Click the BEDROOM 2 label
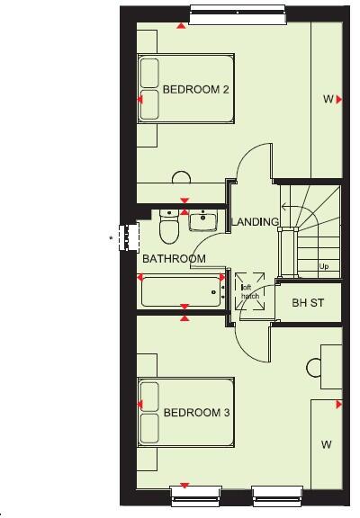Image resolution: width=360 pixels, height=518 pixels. [x=196, y=90]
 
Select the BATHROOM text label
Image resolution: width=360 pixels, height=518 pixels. [x=174, y=259]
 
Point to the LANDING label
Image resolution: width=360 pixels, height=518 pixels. [x=255, y=221]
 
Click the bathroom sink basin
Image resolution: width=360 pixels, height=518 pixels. [x=204, y=219]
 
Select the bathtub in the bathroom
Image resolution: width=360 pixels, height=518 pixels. [x=183, y=291]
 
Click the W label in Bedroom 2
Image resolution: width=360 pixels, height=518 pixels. [x=328, y=100]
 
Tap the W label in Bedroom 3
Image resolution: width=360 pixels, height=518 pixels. [x=326, y=444]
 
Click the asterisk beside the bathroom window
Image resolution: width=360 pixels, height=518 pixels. [x=111, y=238]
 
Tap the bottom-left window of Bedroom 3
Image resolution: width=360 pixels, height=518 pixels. [x=195, y=493]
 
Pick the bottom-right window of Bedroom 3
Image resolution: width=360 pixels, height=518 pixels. [x=276, y=493]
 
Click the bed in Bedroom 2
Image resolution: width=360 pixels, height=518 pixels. [x=176, y=90]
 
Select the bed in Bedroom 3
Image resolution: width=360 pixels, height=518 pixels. [x=176, y=413]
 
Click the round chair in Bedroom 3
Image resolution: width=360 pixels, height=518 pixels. [x=316, y=368]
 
